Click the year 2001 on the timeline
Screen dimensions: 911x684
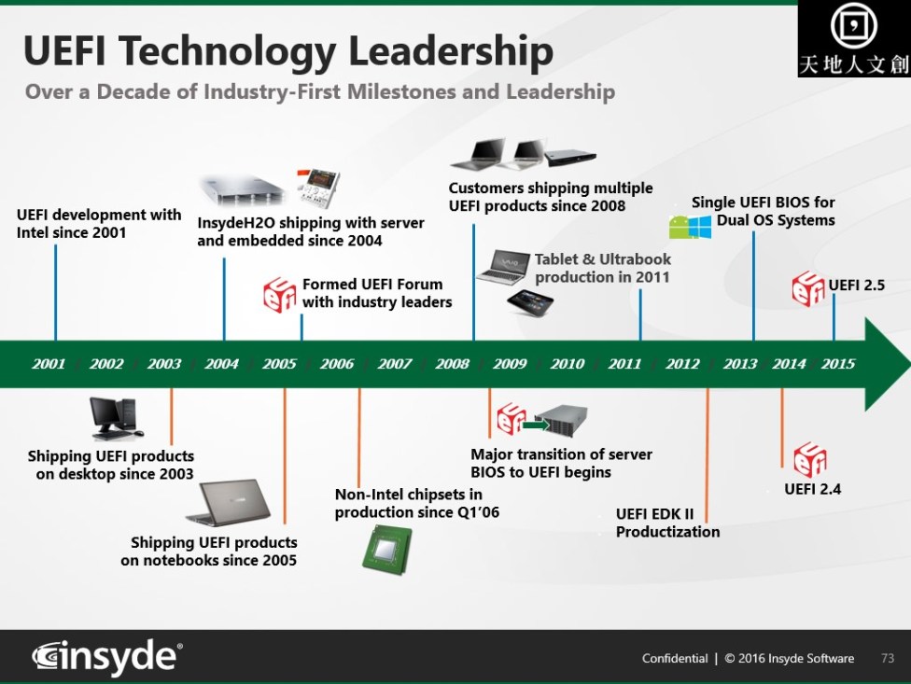(x=49, y=364)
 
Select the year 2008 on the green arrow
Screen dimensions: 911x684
(x=452, y=364)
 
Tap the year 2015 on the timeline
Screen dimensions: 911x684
(x=838, y=364)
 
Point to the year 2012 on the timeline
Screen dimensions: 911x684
(x=682, y=364)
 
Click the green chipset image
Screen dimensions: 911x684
(x=387, y=549)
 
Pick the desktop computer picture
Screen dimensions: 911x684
(x=116, y=418)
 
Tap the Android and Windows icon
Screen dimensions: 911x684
(x=690, y=227)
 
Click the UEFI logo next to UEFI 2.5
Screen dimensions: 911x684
(x=807, y=288)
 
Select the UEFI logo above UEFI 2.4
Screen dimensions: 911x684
(x=810, y=459)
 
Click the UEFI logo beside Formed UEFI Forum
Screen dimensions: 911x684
(x=280, y=295)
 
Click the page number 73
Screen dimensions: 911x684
(x=887, y=658)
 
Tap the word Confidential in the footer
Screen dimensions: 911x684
(x=675, y=659)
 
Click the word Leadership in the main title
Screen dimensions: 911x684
(x=451, y=51)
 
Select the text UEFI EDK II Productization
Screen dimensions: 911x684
(x=667, y=523)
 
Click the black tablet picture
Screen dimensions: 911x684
(x=530, y=302)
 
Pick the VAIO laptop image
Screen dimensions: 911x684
(x=503, y=267)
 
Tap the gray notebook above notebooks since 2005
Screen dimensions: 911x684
(x=229, y=503)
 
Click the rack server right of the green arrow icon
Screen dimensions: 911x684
(x=561, y=421)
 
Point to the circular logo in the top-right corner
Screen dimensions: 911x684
(x=853, y=25)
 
